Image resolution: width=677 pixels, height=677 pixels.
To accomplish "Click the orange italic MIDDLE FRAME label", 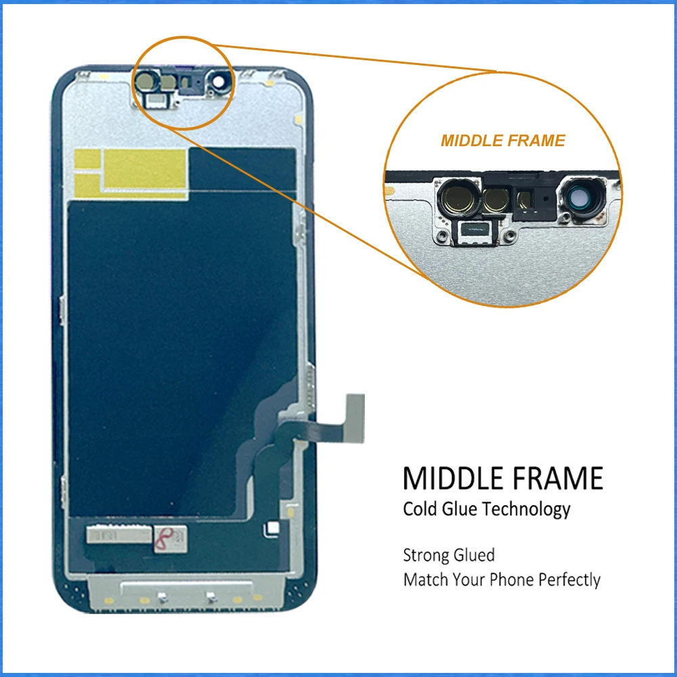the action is point(503,141).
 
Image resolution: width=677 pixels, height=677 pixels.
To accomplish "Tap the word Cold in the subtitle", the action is point(420,509).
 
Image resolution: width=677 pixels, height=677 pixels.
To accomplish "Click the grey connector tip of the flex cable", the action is point(355,418).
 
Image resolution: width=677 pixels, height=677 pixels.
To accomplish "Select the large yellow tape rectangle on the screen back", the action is point(145,169).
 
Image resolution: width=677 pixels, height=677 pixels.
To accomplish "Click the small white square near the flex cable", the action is point(273,527).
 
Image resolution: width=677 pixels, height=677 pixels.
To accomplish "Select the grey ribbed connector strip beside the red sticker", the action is point(119,535).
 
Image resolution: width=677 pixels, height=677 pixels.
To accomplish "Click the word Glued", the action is point(476,555).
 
